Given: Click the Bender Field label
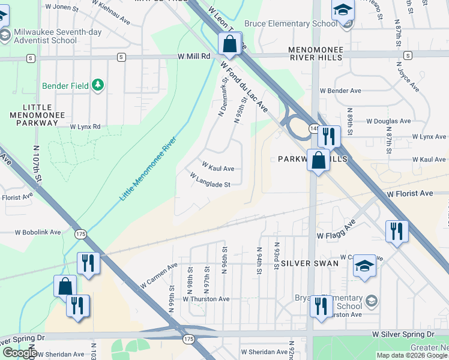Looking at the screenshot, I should tap(65, 86).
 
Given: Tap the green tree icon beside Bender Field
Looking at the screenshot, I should tap(98, 86).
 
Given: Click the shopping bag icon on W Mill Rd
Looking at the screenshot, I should tap(229, 43).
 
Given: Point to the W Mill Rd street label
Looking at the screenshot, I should tap(193, 56).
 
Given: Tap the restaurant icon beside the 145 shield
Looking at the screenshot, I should tap(328, 136).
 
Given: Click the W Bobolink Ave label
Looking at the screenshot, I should tap(38, 232).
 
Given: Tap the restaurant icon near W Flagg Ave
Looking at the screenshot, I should tap(396, 231).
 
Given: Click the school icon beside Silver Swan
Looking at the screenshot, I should tap(364, 265).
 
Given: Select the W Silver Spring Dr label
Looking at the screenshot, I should tap(403, 334).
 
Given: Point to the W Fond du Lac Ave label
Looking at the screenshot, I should tap(243, 86).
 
